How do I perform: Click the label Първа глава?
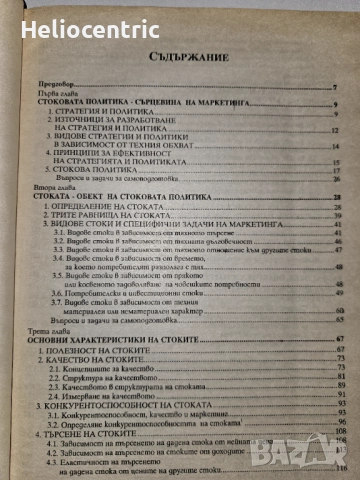tap(59, 97)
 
